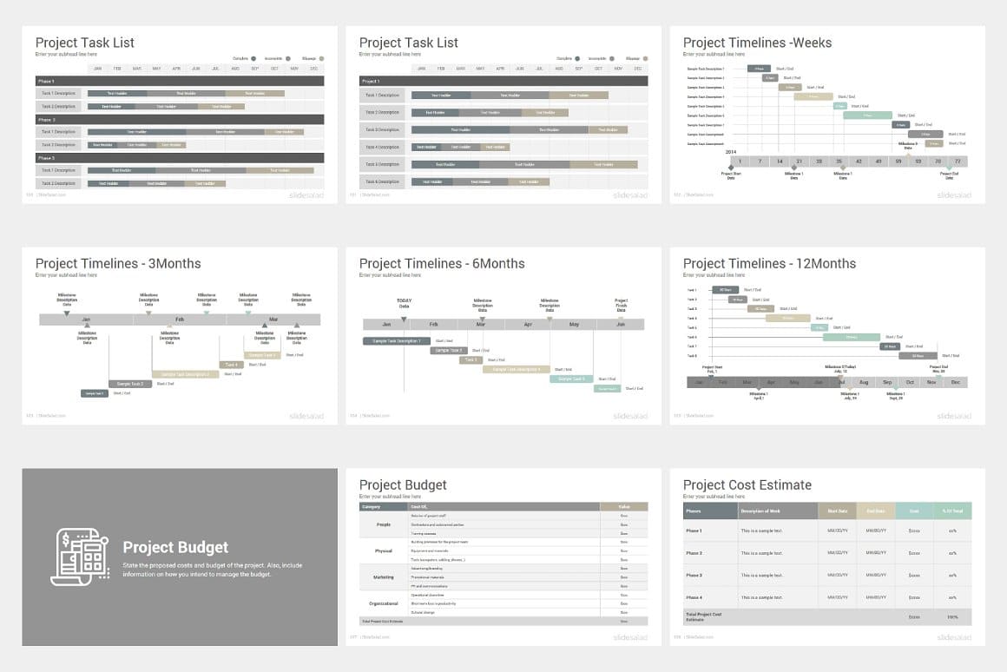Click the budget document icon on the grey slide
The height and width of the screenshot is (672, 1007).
80,556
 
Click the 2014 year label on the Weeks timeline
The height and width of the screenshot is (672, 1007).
732,151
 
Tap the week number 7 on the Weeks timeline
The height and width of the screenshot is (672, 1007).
760,161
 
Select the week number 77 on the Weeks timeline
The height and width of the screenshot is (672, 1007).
958,161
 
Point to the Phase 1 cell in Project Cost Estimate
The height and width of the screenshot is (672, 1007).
694,530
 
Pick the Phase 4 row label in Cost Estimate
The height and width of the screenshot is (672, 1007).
694,597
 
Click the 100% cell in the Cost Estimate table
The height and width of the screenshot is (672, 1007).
952,617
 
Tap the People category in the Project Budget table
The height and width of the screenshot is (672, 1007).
384,524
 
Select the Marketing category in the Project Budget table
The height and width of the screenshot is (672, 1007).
384,576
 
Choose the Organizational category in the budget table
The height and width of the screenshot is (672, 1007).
384,603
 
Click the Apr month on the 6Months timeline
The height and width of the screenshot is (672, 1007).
528,324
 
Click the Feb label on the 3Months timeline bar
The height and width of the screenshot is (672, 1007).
180,320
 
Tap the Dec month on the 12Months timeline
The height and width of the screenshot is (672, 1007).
956,382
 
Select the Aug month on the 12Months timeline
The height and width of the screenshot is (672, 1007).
863,382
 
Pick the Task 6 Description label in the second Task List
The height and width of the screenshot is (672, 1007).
383,181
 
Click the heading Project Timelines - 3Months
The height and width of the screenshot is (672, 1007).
118,264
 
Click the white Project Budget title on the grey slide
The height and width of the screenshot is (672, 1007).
175,547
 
